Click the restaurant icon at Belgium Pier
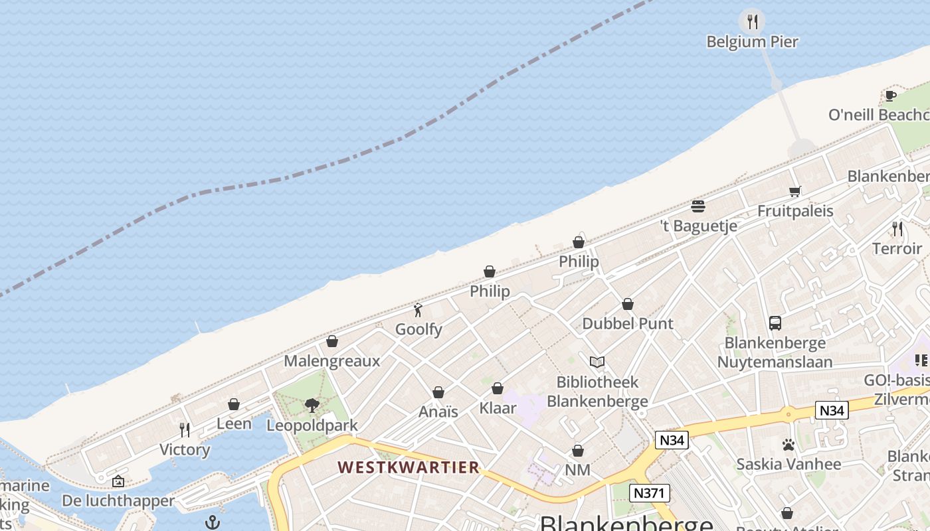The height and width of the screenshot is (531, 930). pyautogui.click(x=752, y=22)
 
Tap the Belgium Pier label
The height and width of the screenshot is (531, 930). pyautogui.click(x=752, y=42)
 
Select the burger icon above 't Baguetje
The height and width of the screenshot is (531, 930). pyautogui.click(x=697, y=206)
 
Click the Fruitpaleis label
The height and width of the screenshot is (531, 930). pyautogui.click(x=795, y=211)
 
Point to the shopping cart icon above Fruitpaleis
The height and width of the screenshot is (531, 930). pyautogui.click(x=794, y=191)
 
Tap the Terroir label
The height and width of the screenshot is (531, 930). pyautogui.click(x=897, y=248)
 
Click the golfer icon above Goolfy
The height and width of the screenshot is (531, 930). pyautogui.click(x=418, y=309)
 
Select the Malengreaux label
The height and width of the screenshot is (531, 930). pyautogui.click(x=331, y=361)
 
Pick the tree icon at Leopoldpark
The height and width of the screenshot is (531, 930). pyautogui.click(x=312, y=405)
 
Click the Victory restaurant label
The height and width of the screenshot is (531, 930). pyautogui.click(x=185, y=449)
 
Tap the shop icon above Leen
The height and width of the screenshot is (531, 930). pyautogui.click(x=234, y=404)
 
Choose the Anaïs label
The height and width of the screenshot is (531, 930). pyautogui.click(x=438, y=412)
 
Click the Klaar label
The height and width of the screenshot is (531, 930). pyautogui.click(x=498, y=408)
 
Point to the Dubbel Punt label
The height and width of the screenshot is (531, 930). pyautogui.click(x=628, y=324)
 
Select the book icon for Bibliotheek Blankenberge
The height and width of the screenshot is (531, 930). pyautogui.click(x=597, y=362)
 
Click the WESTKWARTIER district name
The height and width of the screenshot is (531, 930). pyautogui.click(x=408, y=467)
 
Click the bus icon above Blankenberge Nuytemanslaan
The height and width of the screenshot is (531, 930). pyautogui.click(x=775, y=323)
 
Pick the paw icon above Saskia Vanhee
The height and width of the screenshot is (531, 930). pyautogui.click(x=789, y=444)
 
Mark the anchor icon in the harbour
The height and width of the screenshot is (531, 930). pyautogui.click(x=213, y=522)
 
